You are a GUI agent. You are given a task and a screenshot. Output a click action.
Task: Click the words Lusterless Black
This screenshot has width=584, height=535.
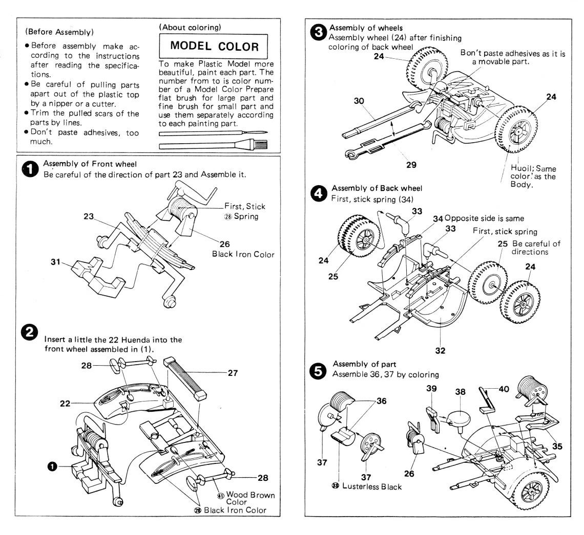[376, 486]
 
